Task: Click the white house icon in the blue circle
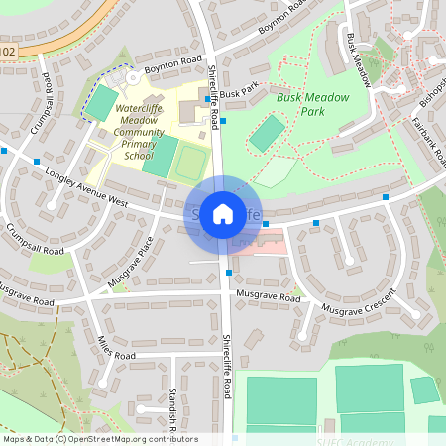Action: pos(223,213)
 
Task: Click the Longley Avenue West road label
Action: pos(87,187)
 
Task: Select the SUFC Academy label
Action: pos(347,439)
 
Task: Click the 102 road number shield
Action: pos(8,50)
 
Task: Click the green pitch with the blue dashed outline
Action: pos(102,98)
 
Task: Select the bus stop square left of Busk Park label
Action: pos(208,98)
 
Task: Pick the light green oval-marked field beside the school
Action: pos(190,163)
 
